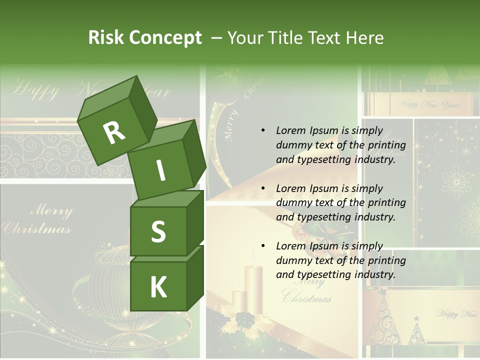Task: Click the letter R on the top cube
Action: pos(114,132)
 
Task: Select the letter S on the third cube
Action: pos(158,232)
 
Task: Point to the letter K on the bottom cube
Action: pos(158,287)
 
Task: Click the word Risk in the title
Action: pos(105,38)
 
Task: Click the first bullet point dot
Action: pos(263,131)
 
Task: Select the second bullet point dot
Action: pos(263,188)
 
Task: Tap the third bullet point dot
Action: pos(263,246)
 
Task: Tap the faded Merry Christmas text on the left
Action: pos(37,220)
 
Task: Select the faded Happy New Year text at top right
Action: pos(428,105)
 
